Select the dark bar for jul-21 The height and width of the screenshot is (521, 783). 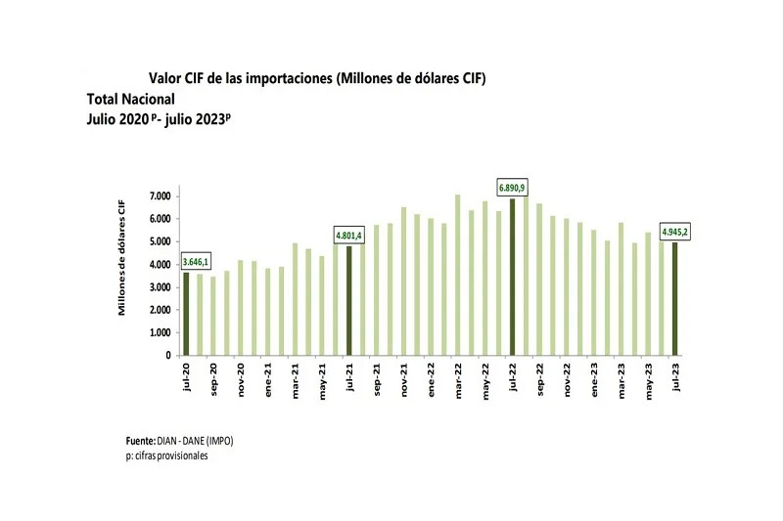pos(348,300)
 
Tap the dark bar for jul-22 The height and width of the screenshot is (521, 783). pos(512,277)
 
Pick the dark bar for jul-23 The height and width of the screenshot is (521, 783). pos(674,298)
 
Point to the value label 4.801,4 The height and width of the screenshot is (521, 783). pos(348,236)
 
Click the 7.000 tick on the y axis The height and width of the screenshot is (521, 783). pos(161,196)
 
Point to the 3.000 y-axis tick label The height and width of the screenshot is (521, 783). pos(161,287)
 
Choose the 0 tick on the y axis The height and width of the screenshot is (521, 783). pos(169,356)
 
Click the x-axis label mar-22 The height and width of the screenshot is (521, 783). pos(458,377)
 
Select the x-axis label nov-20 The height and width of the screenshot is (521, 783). pos(241,377)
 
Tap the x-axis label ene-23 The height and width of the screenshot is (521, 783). pos(594,377)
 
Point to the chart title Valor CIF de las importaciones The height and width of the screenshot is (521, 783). pos(317,77)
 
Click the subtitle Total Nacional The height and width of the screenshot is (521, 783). pos(130,99)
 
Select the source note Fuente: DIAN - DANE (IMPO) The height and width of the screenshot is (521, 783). pos(180,441)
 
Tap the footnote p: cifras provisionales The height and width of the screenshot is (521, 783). pos(161,456)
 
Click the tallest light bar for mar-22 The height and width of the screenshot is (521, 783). pos(457,275)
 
